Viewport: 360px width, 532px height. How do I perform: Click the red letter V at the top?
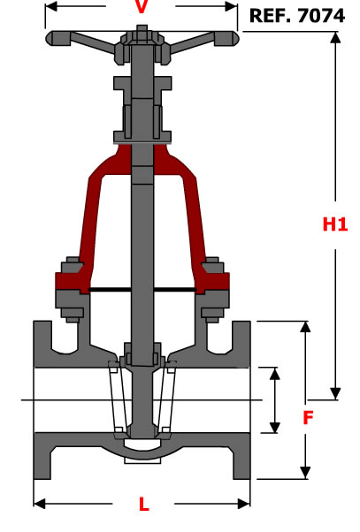coord(142,7)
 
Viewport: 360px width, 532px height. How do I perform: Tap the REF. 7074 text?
coord(297,16)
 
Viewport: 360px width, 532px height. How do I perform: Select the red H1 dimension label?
coord(335,224)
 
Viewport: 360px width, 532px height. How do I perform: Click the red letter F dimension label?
coord(308,417)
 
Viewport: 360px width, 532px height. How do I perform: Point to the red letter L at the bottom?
coord(144,505)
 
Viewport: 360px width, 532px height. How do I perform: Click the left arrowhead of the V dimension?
coord(50,6)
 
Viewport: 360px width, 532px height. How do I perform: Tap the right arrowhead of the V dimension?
coord(231,6)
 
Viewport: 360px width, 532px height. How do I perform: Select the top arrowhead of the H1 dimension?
coord(335,38)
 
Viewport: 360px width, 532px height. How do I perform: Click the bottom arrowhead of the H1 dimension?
coord(335,393)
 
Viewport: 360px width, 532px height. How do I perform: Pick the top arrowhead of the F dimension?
coord(305,327)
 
